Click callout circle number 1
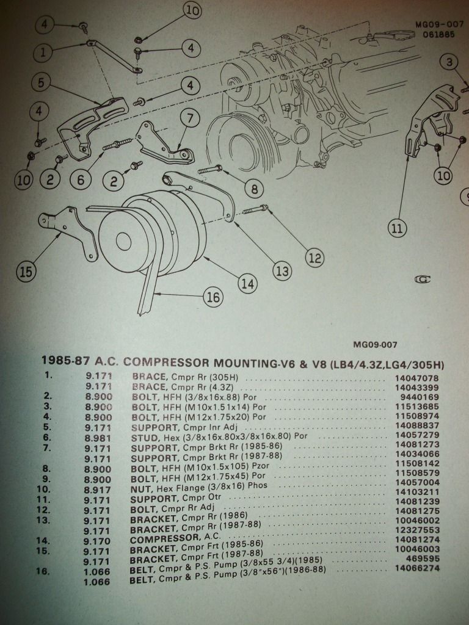pos(43,52)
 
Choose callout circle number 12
pos(314,258)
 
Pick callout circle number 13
pos(282,270)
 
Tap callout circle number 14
pos(247,283)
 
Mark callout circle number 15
pos(26,272)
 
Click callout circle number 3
pos(449,62)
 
